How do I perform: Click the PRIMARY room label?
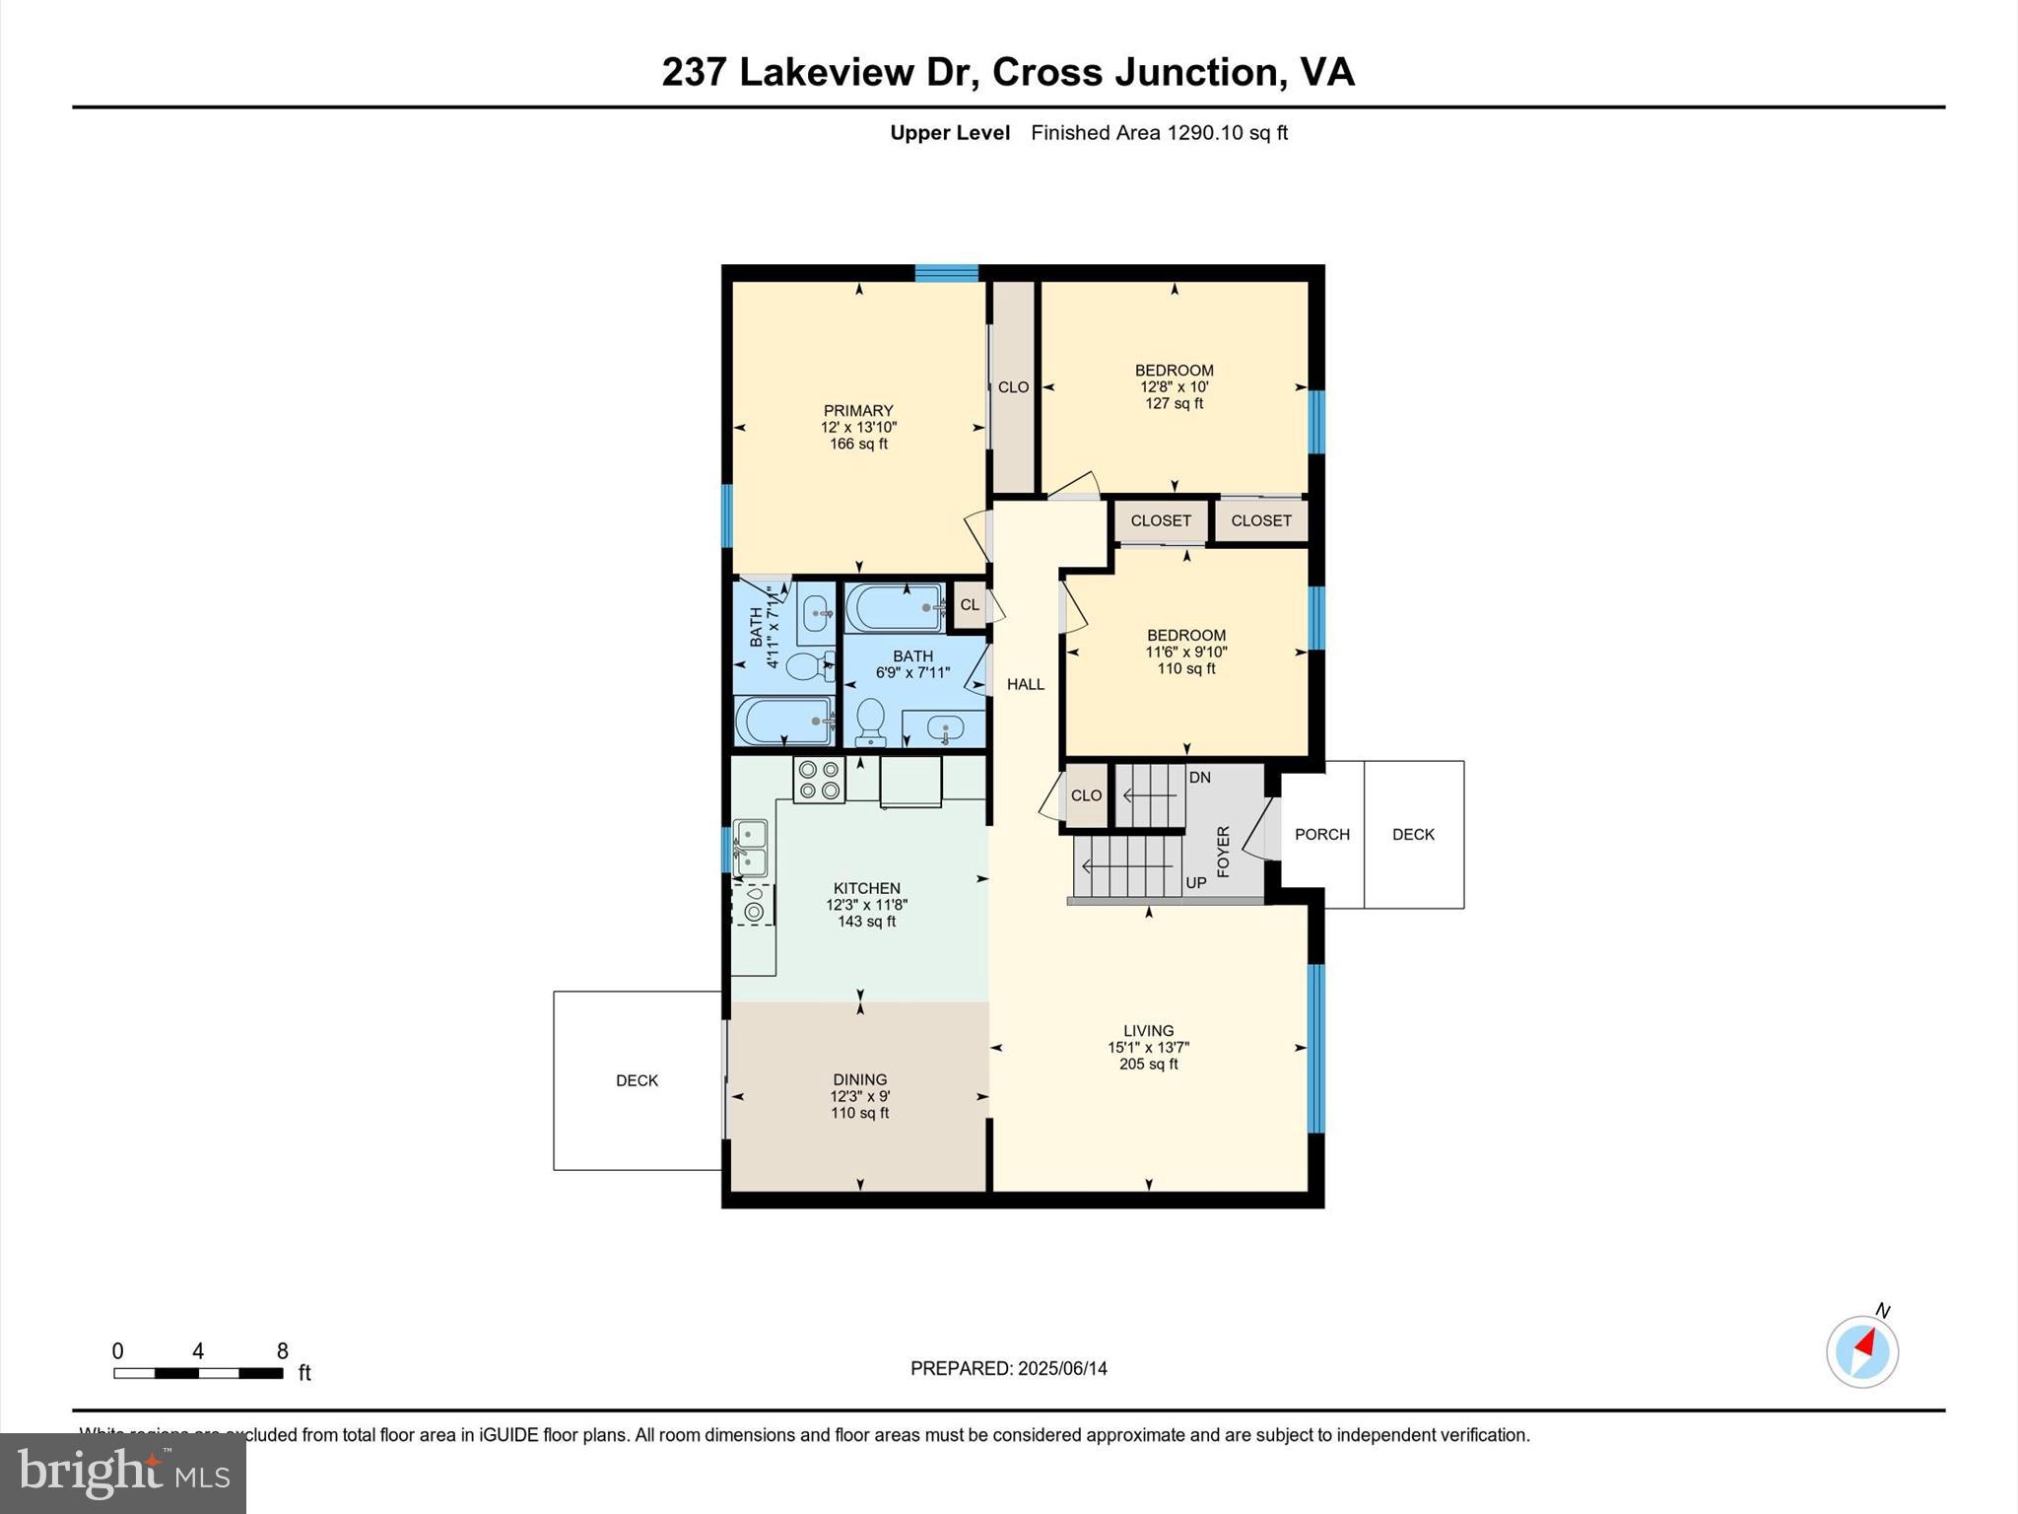(858, 411)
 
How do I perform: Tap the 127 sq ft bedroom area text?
(1174, 403)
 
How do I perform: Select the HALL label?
(1025, 684)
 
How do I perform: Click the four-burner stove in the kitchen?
(819, 780)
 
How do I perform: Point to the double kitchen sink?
(750, 848)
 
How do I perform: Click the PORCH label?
(1321, 834)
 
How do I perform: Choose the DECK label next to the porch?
(1413, 834)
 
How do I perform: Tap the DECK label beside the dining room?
(637, 1080)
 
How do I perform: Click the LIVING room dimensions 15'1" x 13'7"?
(1148, 1048)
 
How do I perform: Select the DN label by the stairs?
(1199, 778)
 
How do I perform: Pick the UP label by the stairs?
(1195, 882)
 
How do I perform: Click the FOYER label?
(1224, 852)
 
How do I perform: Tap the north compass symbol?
(1861, 1350)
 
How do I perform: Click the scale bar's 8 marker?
(282, 1351)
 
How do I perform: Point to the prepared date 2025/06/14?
(1062, 1368)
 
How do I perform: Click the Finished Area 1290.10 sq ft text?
(1159, 133)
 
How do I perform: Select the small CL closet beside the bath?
(970, 604)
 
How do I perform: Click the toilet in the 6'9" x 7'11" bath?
(870, 723)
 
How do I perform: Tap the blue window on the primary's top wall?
(946, 273)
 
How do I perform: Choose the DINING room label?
(859, 1079)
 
